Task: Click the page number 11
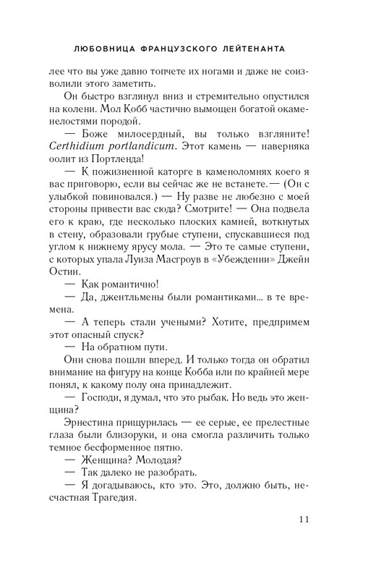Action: [x=304, y=519]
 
